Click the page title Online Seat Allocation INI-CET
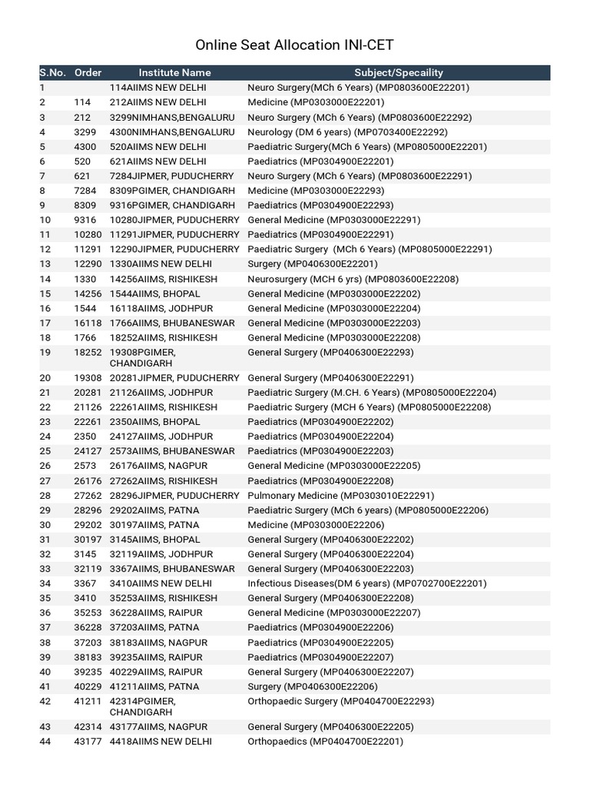(x=295, y=45)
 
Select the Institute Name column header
(x=174, y=72)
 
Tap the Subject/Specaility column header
(x=399, y=72)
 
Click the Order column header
(x=88, y=72)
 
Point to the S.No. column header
(x=52, y=72)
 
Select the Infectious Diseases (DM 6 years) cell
(x=366, y=583)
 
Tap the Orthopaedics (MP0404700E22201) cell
(x=325, y=742)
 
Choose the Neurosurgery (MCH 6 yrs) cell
(x=343, y=279)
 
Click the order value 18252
(x=88, y=352)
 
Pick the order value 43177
(x=88, y=742)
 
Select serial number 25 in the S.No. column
(x=45, y=451)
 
